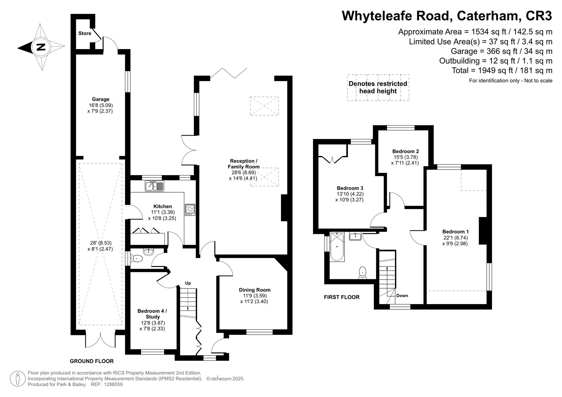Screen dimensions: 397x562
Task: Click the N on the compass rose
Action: pos(41,47)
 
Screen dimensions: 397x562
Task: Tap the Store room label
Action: pos(85,33)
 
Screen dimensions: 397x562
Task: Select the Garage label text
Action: pos(100,99)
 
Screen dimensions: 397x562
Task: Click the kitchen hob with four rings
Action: pos(190,210)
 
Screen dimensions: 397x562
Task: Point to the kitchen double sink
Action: pos(154,186)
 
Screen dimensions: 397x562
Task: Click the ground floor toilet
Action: pos(137,258)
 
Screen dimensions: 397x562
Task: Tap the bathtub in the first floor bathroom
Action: pos(337,247)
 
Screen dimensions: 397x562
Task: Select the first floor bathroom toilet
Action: pos(363,272)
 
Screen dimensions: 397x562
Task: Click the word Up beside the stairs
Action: pos(188,283)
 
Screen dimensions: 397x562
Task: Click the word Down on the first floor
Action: pos(402,296)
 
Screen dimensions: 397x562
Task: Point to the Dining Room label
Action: pos(255,290)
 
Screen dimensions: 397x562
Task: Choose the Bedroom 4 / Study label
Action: pos(152,314)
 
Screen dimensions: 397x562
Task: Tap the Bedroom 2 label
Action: pos(405,151)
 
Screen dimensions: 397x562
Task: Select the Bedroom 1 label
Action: pos(455,232)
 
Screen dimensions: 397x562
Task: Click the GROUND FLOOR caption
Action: pos(92,361)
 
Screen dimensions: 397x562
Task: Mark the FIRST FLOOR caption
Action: pos(341,297)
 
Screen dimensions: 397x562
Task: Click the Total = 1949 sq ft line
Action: pos(502,70)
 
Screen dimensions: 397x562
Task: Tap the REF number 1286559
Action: pos(113,384)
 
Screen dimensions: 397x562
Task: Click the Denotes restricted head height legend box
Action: pos(378,87)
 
